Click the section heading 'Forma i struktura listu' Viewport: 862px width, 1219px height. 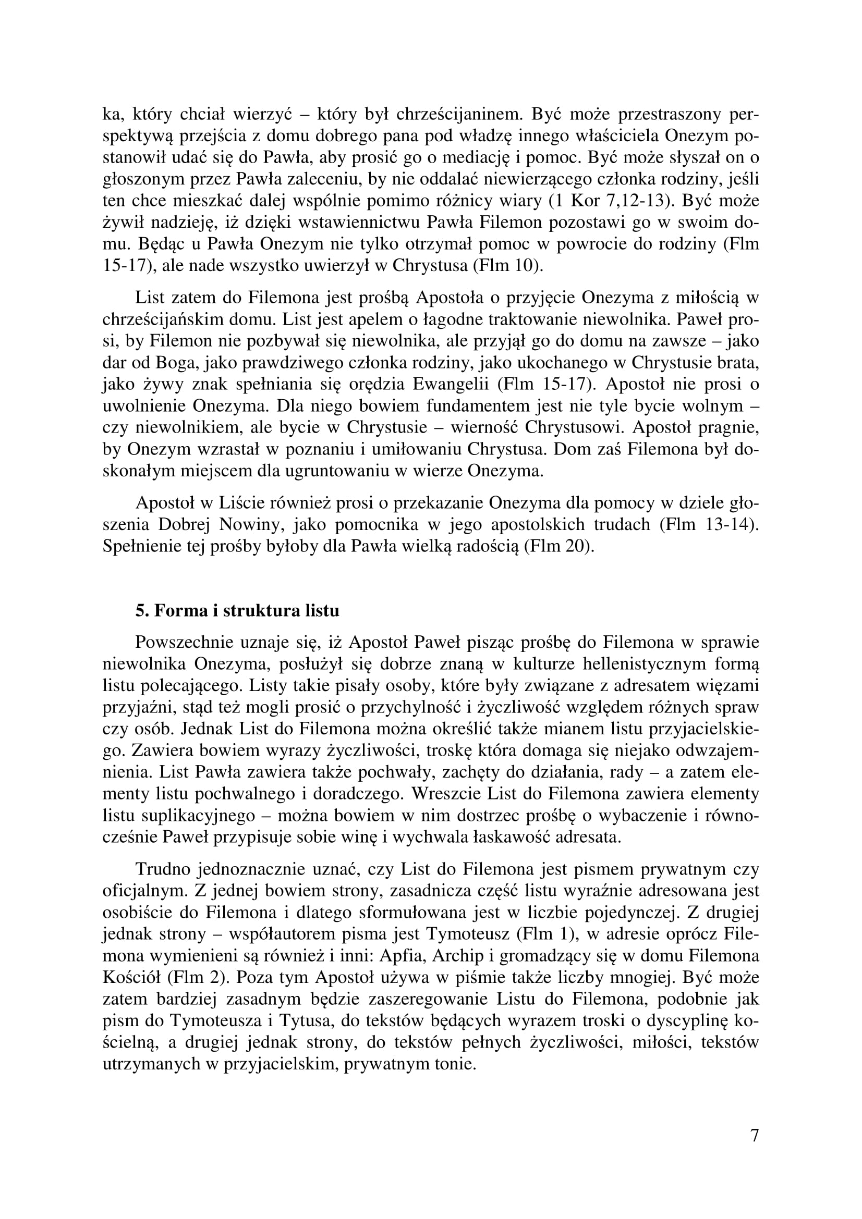click(237, 611)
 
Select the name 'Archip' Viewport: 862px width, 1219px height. click(459, 956)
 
